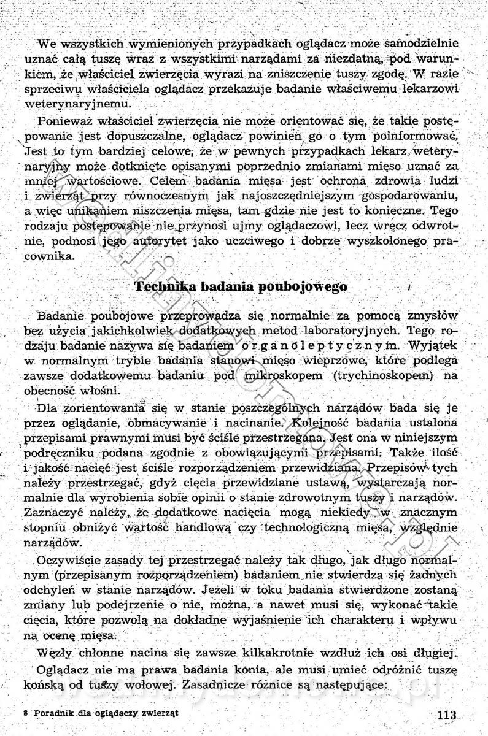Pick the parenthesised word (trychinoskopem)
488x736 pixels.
click(x=387, y=374)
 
